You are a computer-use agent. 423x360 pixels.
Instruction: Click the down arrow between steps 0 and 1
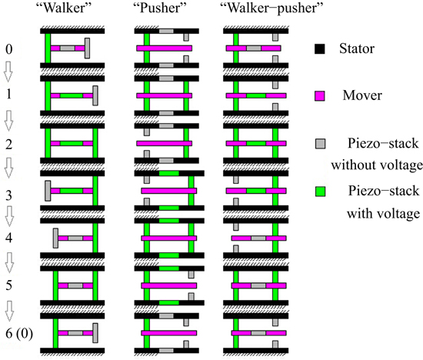(x=9, y=72)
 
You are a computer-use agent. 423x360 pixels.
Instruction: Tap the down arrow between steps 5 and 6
(x=9, y=311)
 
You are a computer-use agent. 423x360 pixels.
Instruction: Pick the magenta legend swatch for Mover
(x=320, y=96)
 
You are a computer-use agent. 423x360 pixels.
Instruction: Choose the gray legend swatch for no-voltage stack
(x=320, y=144)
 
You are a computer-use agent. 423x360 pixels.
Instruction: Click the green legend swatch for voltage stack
(x=320, y=192)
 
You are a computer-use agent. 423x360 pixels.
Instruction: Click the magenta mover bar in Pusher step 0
(x=164, y=49)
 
